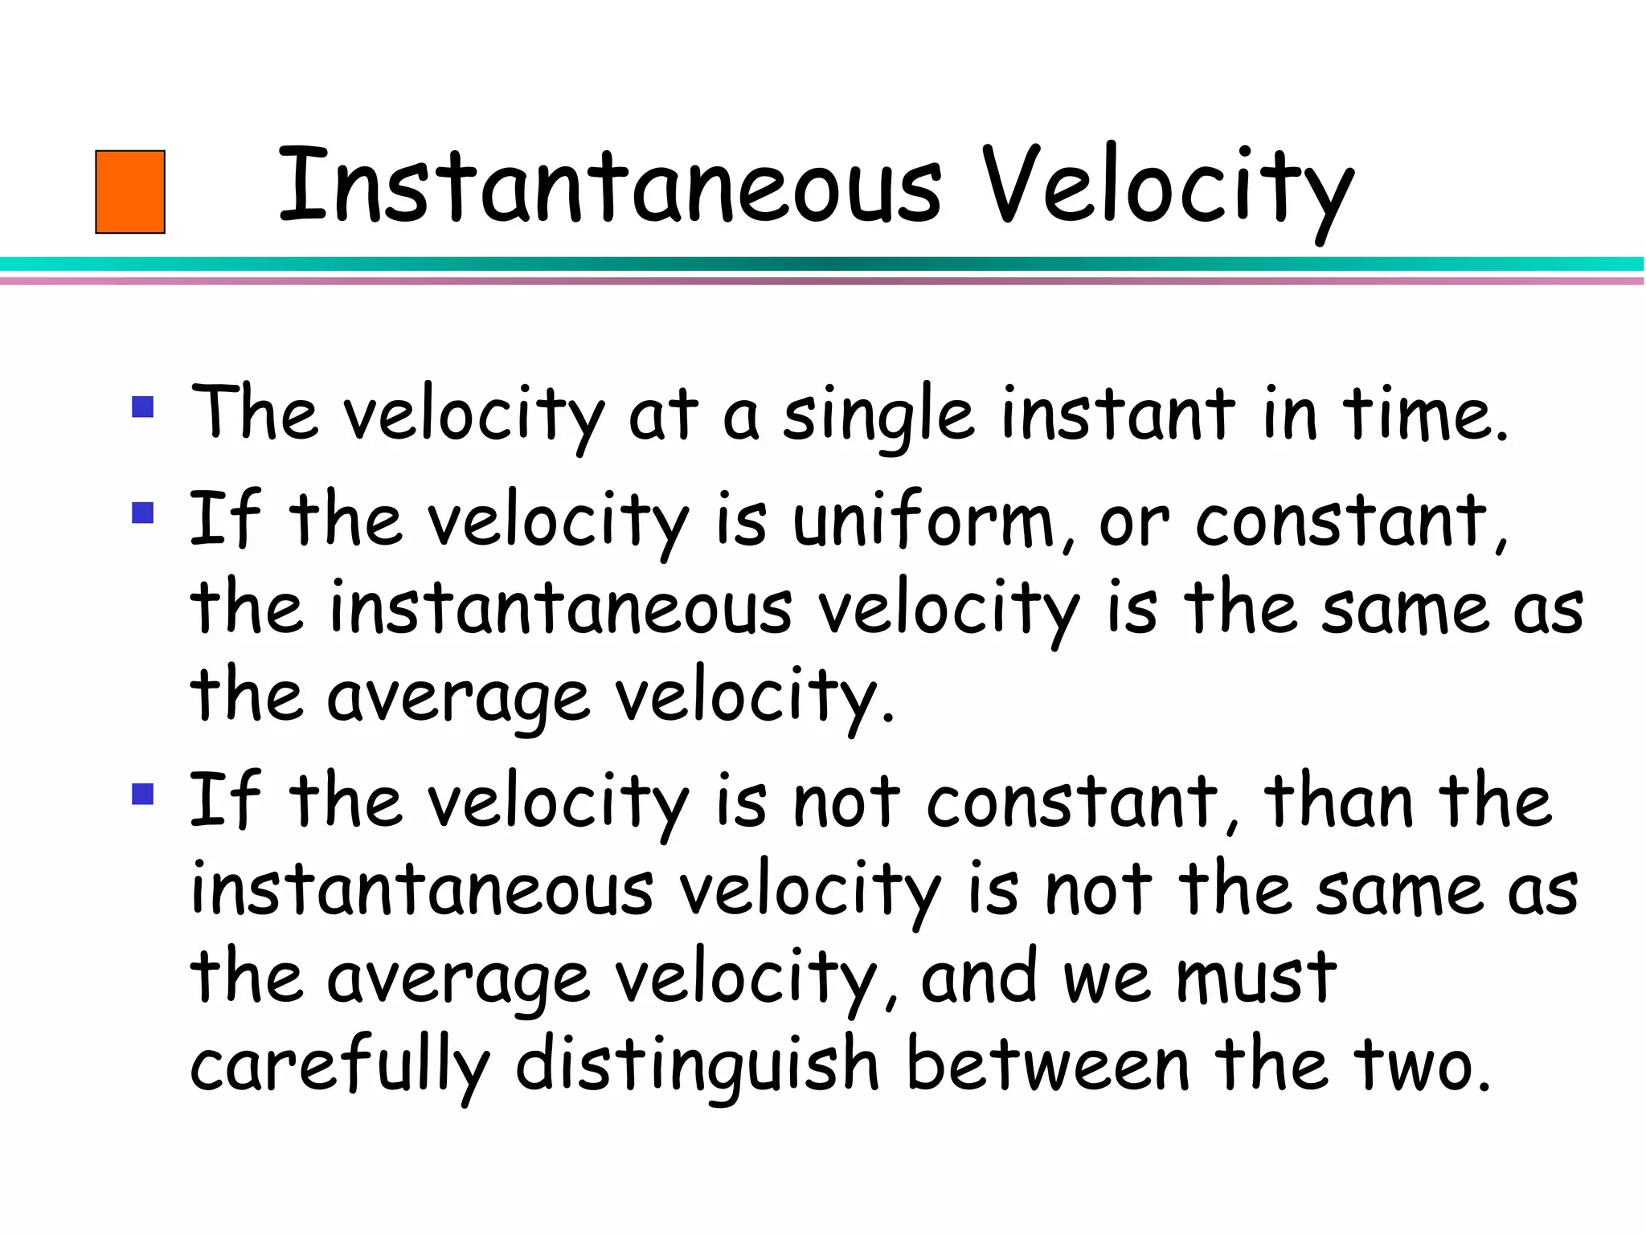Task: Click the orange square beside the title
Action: (x=130, y=192)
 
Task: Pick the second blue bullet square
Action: (x=143, y=513)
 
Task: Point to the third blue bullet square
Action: (x=143, y=794)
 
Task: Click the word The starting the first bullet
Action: (x=254, y=413)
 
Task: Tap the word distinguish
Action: (x=697, y=1067)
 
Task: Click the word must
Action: (x=1256, y=978)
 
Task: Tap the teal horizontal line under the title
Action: (x=823, y=264)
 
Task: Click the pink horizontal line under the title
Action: (x=823, y=281)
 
